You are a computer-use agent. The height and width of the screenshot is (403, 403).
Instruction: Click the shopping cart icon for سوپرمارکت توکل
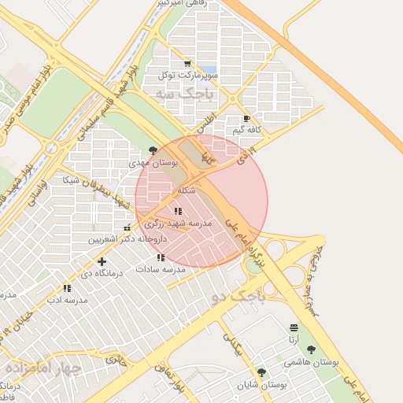coord(187,64)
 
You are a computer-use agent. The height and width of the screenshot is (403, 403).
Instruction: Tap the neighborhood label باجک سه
coord(184,94)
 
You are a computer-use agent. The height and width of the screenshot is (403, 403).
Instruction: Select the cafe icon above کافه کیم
coord(248,118)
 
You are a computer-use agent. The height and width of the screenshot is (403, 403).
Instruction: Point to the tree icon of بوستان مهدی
coord(153,150)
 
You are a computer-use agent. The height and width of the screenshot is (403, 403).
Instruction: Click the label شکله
coord(187,190)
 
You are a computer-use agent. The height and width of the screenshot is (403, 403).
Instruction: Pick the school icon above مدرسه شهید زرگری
coord(178,211)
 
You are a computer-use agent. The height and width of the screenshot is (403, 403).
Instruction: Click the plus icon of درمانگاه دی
coord(102,261)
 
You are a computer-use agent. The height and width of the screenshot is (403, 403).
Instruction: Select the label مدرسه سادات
coord(160,268)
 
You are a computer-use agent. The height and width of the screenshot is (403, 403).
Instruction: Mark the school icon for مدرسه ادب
coord(66,288)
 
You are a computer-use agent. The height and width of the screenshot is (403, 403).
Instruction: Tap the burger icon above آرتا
coord(294,327)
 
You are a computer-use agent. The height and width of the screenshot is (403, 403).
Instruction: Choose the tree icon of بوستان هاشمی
coord(311,349)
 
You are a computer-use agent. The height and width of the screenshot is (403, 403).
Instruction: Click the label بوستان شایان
coord(263,385)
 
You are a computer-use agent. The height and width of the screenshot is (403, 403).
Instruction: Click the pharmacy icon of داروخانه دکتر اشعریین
coord(128,227)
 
